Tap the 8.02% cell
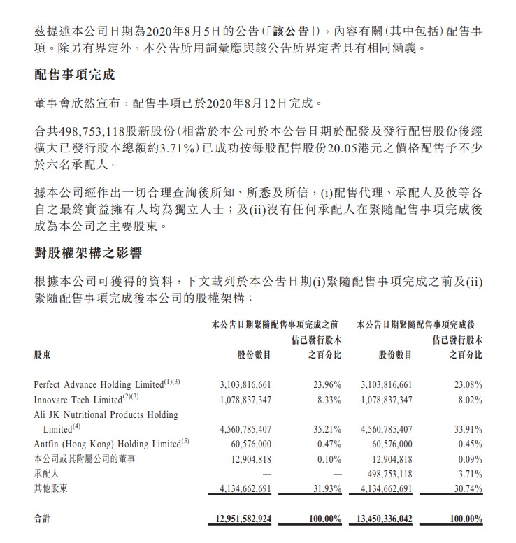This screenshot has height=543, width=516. [468, 400]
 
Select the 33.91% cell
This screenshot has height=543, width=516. [466, 428]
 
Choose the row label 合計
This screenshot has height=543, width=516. [43, 519]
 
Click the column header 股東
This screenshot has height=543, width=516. [43, 354]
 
